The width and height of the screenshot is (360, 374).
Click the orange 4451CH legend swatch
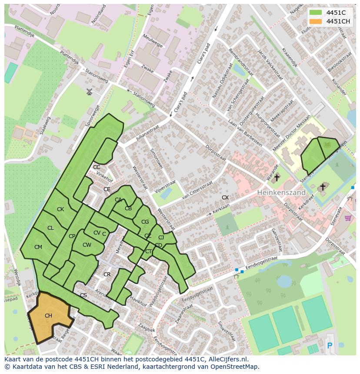[316, 21]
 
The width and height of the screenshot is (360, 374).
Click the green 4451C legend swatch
[316, 13]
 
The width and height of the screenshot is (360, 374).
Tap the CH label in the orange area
[48, 316]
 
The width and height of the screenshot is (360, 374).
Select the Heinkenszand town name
[281, 192]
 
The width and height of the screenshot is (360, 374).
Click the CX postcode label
[225, 198]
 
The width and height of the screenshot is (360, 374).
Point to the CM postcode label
[38, 247]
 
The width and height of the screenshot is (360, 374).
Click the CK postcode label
[60, 209]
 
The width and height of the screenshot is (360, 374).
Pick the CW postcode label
[87, 245]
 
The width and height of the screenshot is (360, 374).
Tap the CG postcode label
[145, 222]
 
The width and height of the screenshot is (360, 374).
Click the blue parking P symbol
[329, 346]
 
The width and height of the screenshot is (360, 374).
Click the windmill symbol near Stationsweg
[90, 92]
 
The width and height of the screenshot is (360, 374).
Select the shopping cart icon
[347, 218]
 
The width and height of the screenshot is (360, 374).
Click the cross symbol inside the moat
[322, 187]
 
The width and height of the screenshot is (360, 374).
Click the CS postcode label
[83, 295]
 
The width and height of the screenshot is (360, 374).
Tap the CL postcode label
[50, 228]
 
